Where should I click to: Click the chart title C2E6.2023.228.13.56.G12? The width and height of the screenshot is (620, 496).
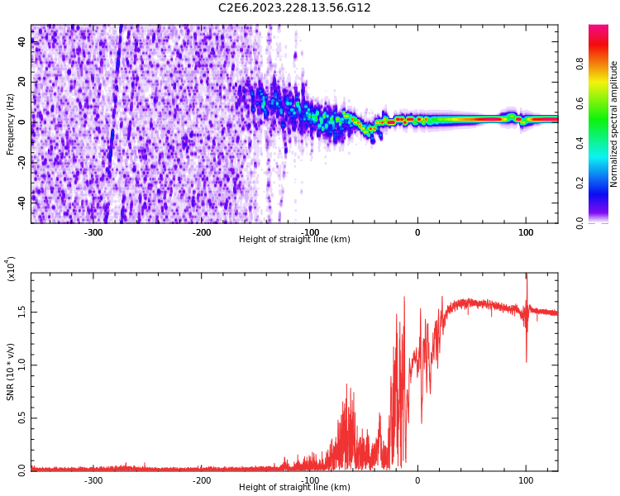click(294, 7)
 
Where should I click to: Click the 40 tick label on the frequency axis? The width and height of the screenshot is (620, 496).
click(22, 42)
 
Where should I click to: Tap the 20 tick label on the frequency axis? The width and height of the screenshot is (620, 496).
click(22, 82)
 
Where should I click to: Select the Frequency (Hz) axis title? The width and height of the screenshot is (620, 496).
click(11, 124)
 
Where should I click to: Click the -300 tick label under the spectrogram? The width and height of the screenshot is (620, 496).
click(93, 232)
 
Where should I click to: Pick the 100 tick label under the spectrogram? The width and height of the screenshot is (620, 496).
click(526, 232)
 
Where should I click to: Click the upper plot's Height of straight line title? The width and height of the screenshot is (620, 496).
click(294, 240)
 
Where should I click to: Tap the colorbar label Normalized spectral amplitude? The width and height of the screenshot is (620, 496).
click(614, 124)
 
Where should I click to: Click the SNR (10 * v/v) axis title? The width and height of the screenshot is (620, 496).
click(11, 372)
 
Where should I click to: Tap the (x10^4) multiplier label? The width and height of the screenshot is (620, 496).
click(11, 269)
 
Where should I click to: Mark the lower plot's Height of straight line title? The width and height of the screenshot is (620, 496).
click(294, 488)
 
